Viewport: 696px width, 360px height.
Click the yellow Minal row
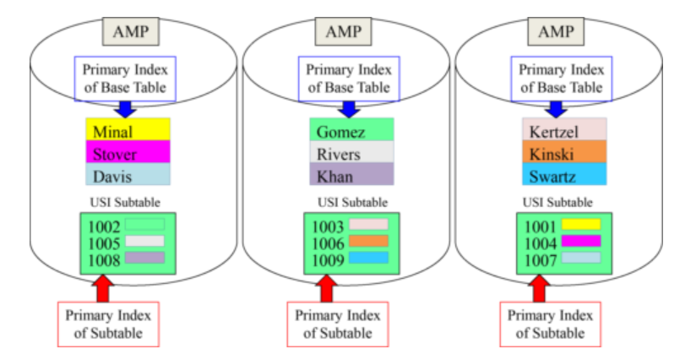[x=128, y=131]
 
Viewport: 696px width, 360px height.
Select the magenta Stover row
[x=128, y=153]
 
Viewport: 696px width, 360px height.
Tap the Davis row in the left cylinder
[x=128, y=175]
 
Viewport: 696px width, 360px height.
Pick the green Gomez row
[x=351, y=131]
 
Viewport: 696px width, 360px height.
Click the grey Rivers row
[x=351, y=154]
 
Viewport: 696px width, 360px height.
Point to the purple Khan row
[x=351, y=176]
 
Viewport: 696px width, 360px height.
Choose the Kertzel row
[x=564, y=131]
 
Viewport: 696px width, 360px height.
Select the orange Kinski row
[x=564, y=153]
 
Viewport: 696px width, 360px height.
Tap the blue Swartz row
[x=564, y=175]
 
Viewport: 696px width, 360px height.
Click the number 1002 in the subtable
[x=102, y=226]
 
